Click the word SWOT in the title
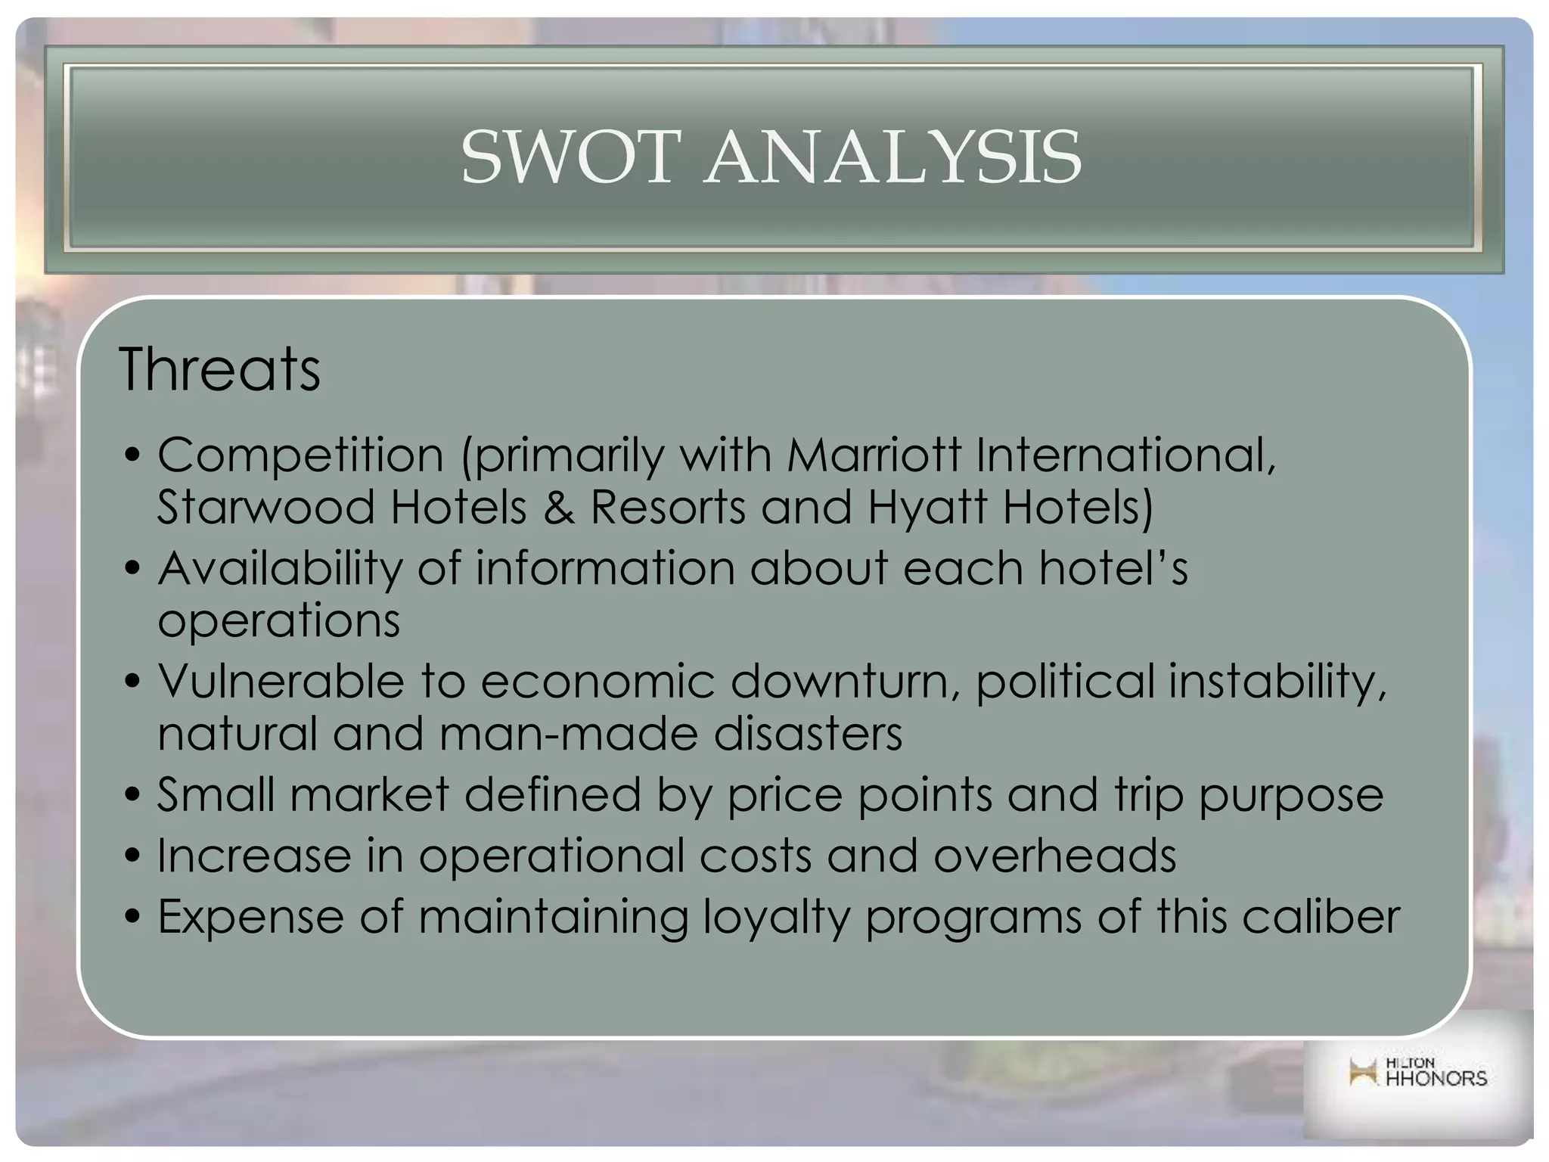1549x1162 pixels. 566,157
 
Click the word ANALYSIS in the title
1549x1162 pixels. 892,157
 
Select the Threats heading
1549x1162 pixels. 219,369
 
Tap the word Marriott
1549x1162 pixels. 874,455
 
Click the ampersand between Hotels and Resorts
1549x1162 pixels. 558,507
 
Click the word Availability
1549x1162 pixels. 280,569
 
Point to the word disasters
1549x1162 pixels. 808,734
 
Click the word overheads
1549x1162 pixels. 1054,856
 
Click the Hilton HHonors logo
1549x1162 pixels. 1418,1073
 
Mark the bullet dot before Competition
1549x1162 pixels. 133,456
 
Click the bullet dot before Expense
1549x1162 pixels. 133,918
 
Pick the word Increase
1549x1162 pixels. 253,856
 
